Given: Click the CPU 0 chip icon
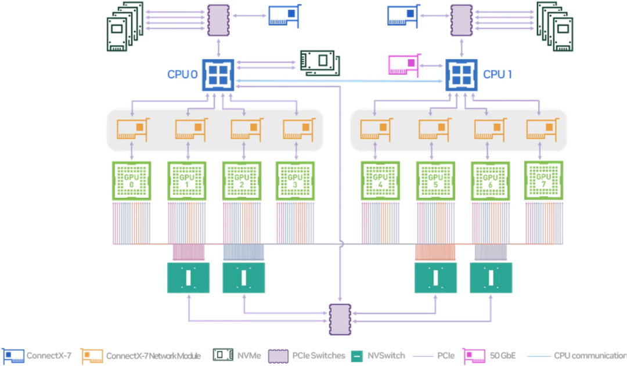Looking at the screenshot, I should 217,75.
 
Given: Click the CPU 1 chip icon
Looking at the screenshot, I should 461,75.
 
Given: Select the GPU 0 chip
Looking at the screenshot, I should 131,180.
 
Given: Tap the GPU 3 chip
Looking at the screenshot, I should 295,180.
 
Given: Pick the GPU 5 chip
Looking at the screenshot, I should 435,180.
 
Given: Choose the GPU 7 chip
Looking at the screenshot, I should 543,180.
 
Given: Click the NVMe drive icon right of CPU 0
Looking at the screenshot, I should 319,62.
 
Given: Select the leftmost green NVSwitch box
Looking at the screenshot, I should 187,278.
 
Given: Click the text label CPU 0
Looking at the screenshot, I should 182,75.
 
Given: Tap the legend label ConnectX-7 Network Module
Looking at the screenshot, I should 153,356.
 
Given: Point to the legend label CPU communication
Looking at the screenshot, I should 590,356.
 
